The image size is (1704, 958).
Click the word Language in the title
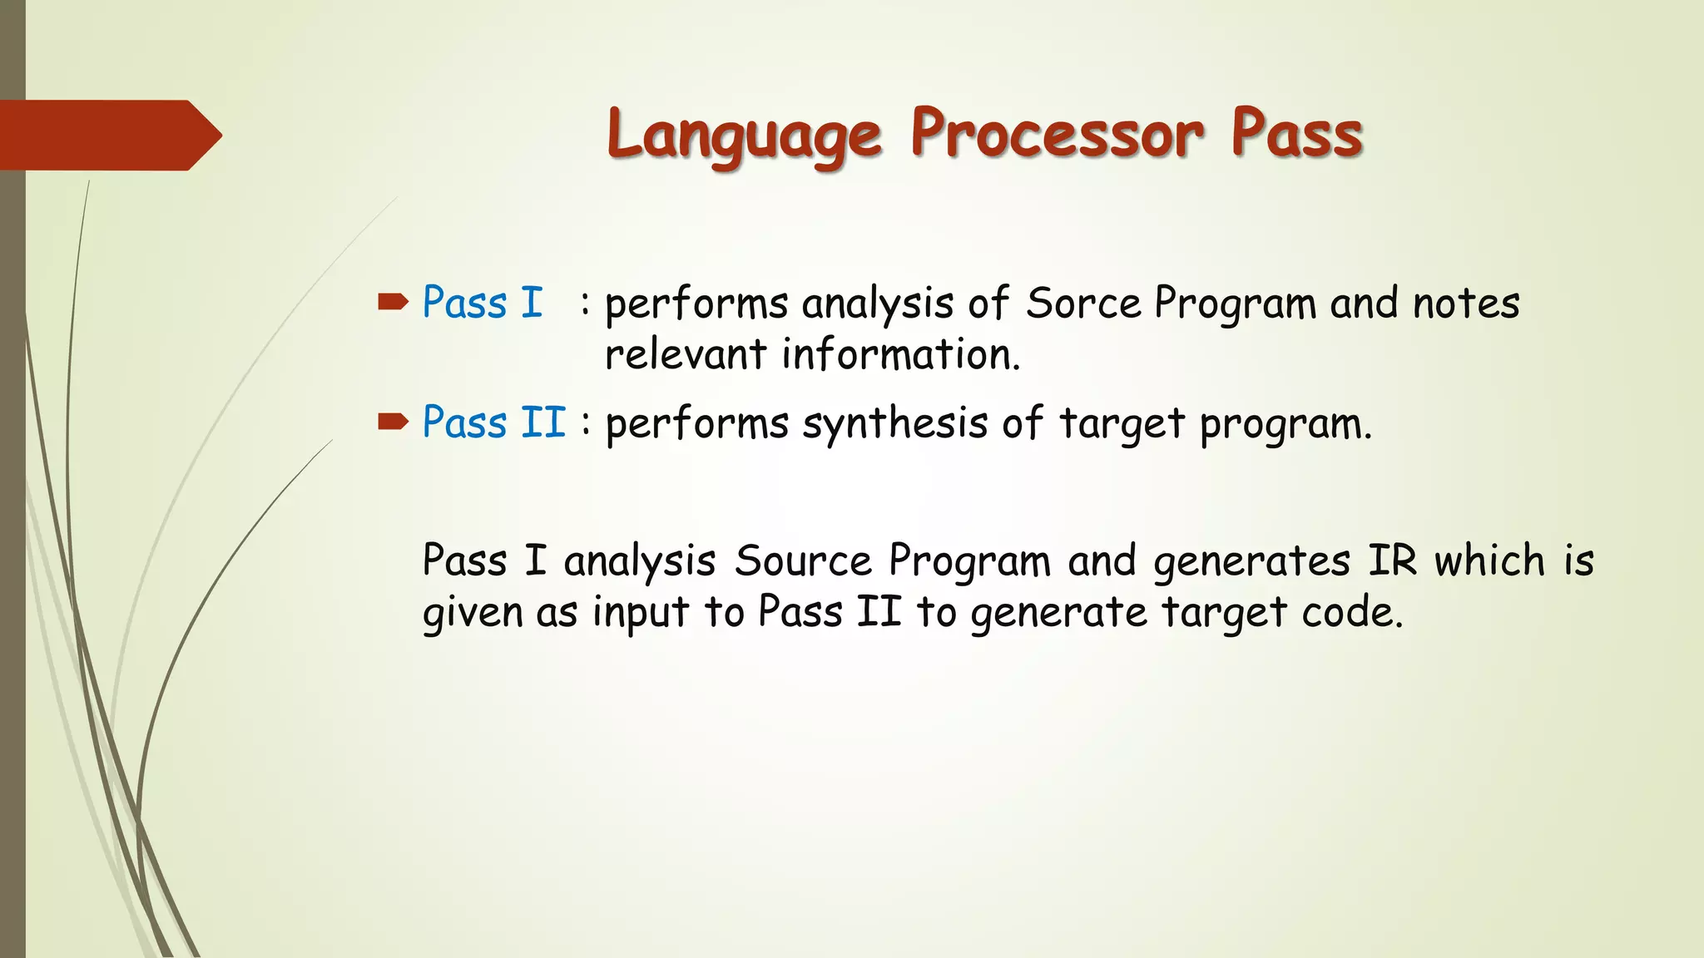click(x=743, y=136)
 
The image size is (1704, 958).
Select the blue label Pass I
click(x=482, y=303)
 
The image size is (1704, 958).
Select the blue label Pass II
click(x=493, y=422)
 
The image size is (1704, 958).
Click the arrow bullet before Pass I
click(x=393, y=302)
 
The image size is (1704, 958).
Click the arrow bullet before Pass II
click(x=393, y=422)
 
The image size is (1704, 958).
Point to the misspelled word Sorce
click(x=1082, y=304)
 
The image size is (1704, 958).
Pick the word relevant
click(x=685, y=355)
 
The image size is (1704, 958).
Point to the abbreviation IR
click(x=1392, y=560)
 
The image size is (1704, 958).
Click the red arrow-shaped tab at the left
click(x=108, y=136)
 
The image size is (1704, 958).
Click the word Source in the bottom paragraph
click(x=802, y=561)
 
